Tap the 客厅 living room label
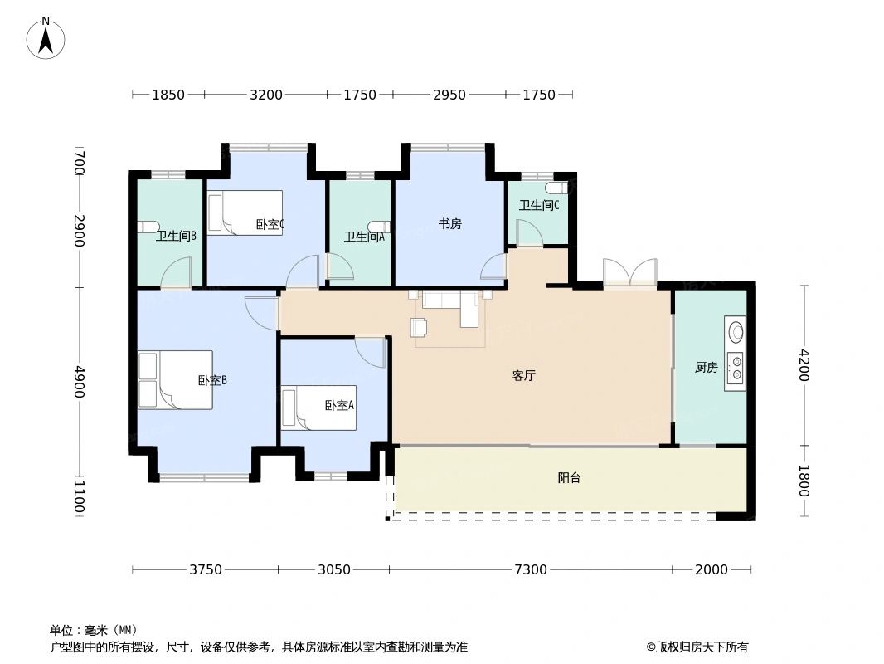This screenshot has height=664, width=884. coord(523,375)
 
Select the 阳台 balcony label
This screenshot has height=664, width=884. coord(569,478)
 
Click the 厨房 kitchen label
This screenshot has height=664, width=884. coord(706,367)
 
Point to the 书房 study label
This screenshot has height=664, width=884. coord(449,223)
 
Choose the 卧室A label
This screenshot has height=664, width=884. coord(339,405)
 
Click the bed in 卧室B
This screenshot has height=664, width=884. coord(175,379)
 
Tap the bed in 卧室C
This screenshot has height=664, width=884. coord(245,212)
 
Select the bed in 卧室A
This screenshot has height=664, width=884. coord(318,408)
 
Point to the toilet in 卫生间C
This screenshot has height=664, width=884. coord(566,188)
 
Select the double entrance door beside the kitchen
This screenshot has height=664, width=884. coord(630,273)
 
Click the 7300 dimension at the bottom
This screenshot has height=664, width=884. coord(531,569)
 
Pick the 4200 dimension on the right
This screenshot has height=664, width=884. coord(803,365)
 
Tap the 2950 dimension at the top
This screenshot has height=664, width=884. coord(449,95)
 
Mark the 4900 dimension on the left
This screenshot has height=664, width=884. coord(79,381)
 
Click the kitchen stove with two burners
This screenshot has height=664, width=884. coord(736,369)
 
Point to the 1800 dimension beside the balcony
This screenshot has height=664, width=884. coord(803,480)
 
